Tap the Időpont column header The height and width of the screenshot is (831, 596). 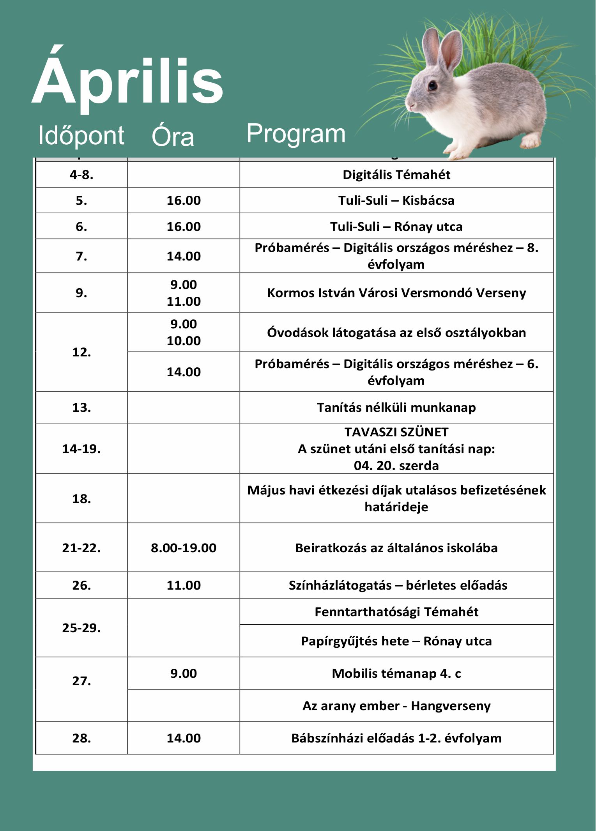tap(81, 136)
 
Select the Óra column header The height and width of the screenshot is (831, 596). tap(173, 136)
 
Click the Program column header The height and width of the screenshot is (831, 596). tap(296, 134)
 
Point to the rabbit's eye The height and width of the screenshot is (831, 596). tap(433, 85)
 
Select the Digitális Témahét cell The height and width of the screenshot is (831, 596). tap(396, 175)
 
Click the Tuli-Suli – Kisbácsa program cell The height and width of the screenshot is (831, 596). tap(396, 200)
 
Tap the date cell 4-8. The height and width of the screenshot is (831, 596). tap(81, 175)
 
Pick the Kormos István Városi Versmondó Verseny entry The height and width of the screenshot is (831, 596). tap(396, 293)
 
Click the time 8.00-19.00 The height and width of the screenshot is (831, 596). tap(184, 548)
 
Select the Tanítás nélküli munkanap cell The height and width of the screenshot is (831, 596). tap(396, 408)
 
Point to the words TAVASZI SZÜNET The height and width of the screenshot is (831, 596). tap(396, 432)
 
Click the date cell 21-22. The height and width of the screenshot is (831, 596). tap(81, 548)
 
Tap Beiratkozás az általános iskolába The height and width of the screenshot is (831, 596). tap(396, 548)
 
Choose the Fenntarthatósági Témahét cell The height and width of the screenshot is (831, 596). tap(396, 611)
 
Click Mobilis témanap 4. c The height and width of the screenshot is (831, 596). tap(396, 673)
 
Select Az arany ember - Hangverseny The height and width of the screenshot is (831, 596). tap(396, 706)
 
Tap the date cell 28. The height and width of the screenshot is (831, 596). tap(81, 738)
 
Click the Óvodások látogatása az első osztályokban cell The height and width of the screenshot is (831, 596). tap(396, 333)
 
